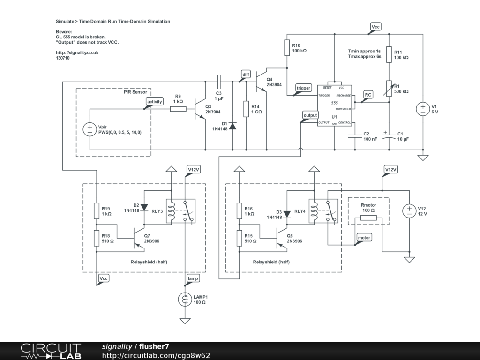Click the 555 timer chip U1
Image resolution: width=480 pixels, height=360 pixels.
[x=334, y=105]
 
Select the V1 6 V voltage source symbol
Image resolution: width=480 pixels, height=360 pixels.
[x=423, y=109]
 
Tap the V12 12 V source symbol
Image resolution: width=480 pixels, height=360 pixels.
[x=409, y=210]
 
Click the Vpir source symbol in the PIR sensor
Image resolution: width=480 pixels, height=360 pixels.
[x=89, y=129]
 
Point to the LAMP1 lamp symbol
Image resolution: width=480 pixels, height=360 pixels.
[x=186, y=299]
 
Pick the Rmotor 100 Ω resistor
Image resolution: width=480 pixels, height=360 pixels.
[x=368, y=218]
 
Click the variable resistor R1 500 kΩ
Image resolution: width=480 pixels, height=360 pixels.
[x=389, y=88]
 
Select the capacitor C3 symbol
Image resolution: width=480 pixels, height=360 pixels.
[x=219, y=80]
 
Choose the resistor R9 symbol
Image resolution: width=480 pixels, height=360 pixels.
[x=178, y=109]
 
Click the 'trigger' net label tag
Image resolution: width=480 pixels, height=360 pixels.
[x=303, y=88]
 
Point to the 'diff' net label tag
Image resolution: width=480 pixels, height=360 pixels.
[x=246, y=74]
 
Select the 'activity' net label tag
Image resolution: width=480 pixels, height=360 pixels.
[x=155, y=102]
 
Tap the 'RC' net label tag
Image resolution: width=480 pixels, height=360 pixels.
[x=368, y=95]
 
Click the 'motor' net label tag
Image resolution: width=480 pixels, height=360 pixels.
[x=364, y=238]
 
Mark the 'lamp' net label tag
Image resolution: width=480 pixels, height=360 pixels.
[x=193, y=278]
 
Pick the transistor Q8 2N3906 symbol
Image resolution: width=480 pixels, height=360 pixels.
[x=282, y=239]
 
